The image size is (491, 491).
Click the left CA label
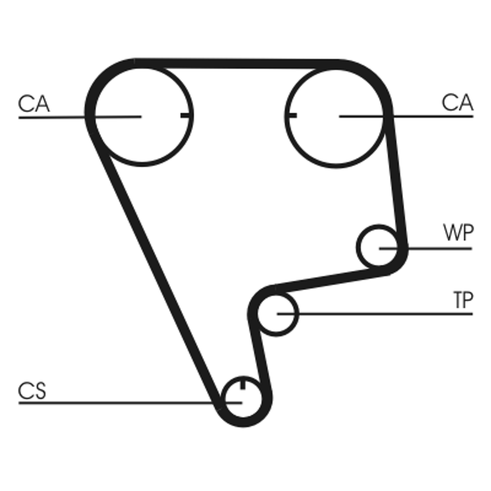(x=34, y=103)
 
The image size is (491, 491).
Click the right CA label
(x=458, y=103)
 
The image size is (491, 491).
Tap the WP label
(x=458, y=233)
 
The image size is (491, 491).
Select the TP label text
(x=463, y=300)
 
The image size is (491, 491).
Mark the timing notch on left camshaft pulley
(x=186, y=115)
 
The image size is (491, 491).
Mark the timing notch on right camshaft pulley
(x=292, y=115)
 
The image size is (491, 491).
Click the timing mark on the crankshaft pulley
(x=243, y=385)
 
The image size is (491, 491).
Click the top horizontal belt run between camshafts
(x=236, y=63)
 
